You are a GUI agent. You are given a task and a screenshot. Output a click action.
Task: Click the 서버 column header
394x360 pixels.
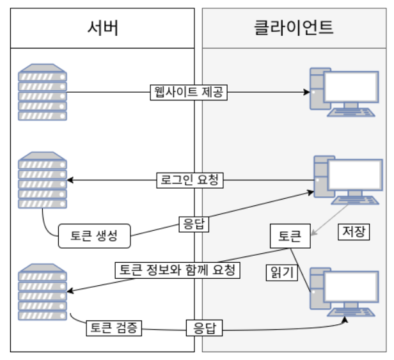102,27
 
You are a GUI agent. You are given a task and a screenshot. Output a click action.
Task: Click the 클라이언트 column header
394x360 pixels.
294,27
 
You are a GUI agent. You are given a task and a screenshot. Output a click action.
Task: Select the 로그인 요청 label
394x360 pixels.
189,180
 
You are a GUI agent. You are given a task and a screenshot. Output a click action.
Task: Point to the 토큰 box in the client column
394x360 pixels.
290,236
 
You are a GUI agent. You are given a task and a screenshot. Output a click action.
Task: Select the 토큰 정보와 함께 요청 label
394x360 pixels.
177,269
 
